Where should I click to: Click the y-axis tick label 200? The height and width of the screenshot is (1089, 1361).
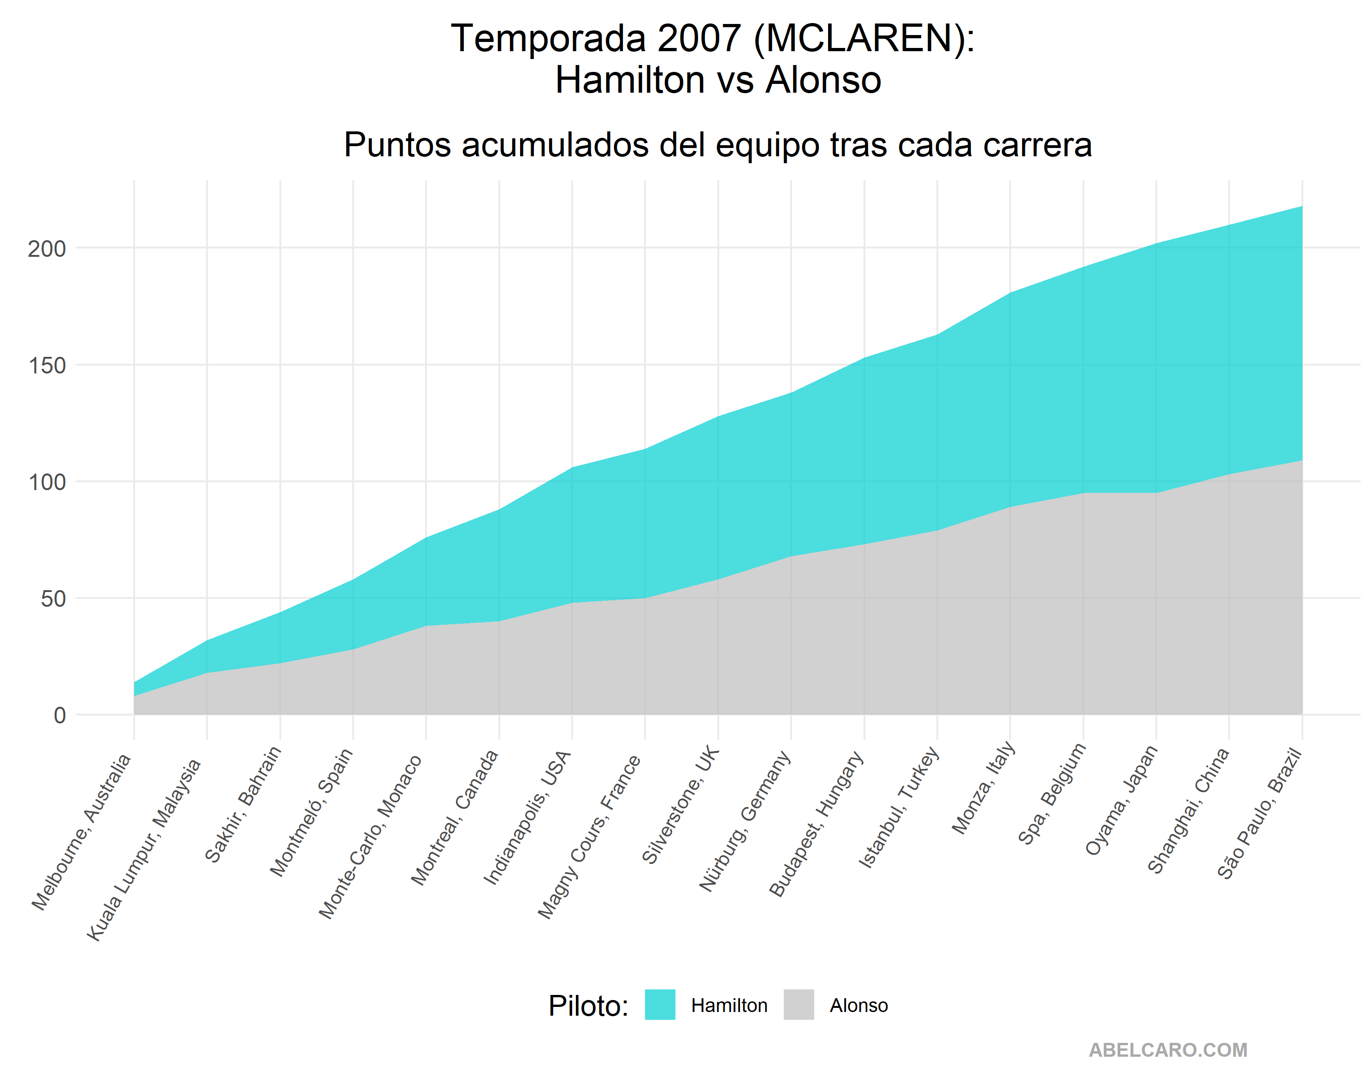coord(47,249)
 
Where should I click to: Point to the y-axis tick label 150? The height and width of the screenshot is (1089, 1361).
coord(47,366)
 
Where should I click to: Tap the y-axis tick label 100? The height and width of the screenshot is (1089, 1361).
coord(47,482)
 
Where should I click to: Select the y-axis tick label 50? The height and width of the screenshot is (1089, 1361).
coord(53,599)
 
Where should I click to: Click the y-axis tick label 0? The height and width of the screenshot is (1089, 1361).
coord(59,715)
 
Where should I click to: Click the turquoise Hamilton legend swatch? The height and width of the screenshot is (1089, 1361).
coord(660,1005)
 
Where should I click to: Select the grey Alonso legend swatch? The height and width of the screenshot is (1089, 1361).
coord(799,1005)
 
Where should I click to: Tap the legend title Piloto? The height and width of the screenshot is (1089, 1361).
coord(588,1006)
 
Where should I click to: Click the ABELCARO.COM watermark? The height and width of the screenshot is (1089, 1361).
coord(1168,1050)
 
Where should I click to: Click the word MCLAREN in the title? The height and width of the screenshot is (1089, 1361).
coord(859,39)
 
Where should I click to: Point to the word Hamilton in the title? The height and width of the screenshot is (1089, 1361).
coord(630,80)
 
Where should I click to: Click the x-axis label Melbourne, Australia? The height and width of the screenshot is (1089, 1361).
coord(82,832)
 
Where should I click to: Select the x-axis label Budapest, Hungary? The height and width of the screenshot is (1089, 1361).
coord(816,823)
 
